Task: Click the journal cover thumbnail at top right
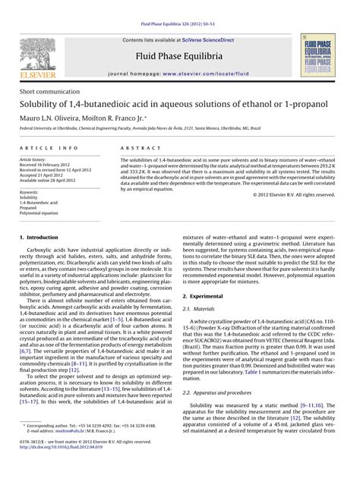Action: (321, 56)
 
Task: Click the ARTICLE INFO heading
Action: (48, 147)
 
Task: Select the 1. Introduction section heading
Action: (37, 238)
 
